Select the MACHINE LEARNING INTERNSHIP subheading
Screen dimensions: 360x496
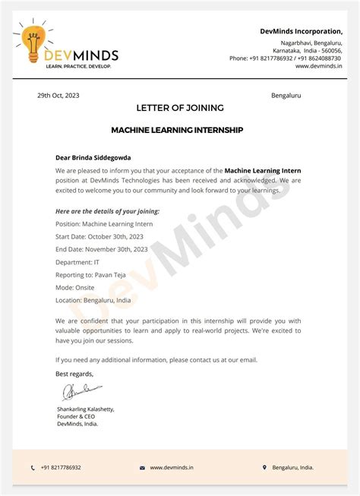[x=177, y=130]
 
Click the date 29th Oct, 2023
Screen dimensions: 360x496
[x=58, y=96]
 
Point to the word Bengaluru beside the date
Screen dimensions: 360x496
[x=286, y=96]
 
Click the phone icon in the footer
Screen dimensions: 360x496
[x=33, y=468]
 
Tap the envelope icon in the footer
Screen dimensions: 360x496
[x=142, y=468]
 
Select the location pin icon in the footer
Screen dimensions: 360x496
[x=264, y=468]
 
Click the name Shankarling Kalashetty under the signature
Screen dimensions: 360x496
[x=86, y=409]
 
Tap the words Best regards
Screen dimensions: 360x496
[x=75, y=374]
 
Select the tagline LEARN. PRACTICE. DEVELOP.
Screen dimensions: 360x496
[x=78, y=67]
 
